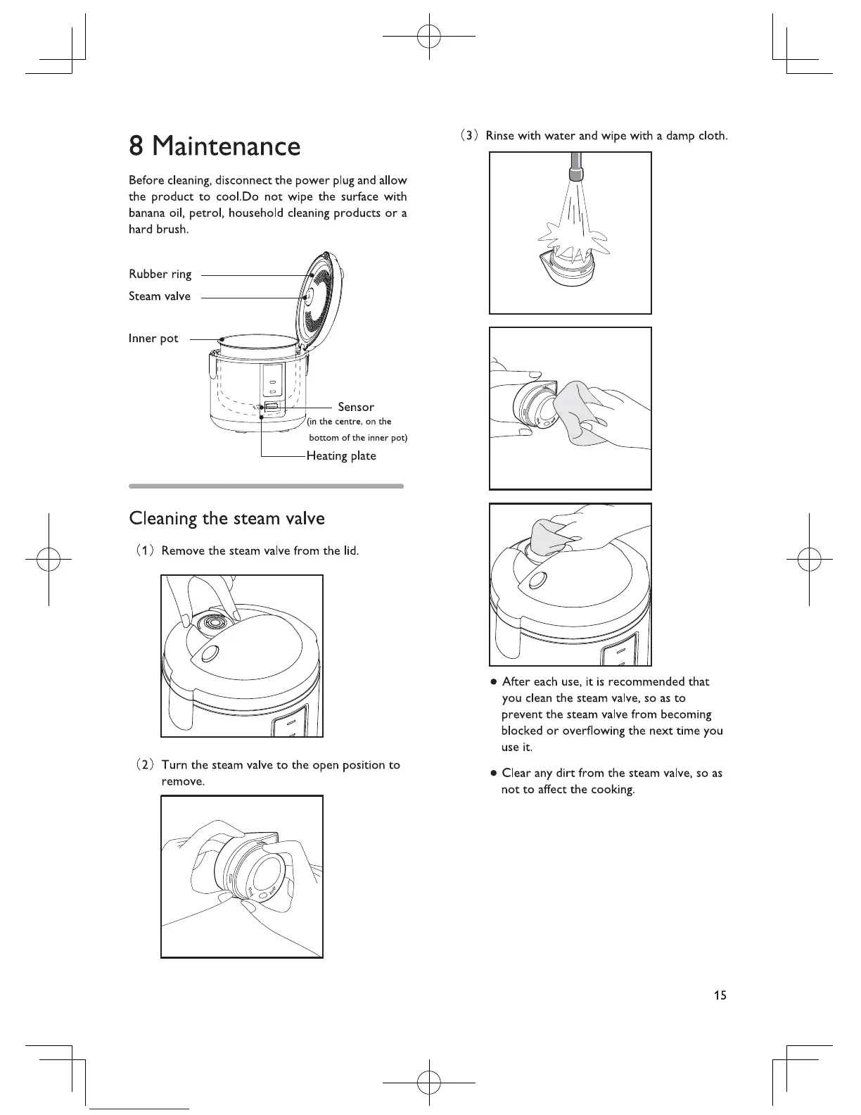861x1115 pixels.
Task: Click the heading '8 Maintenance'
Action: (215, 146)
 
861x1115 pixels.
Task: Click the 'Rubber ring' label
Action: (160, 274)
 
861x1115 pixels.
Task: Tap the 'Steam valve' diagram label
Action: (159, 296)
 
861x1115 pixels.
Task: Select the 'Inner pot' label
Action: (153, 339)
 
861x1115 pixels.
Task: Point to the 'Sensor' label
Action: (356, 407)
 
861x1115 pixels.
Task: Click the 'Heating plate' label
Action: (341, 455)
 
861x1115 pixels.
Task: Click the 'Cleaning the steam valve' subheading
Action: (227, 519)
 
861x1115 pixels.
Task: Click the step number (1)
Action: (144, 550)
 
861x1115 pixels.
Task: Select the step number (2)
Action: (144, 765)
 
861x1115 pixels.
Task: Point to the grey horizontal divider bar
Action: (267, 486)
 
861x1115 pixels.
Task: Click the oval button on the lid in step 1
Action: (208, 654)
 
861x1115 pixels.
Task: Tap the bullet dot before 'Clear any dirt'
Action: (495, 774)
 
